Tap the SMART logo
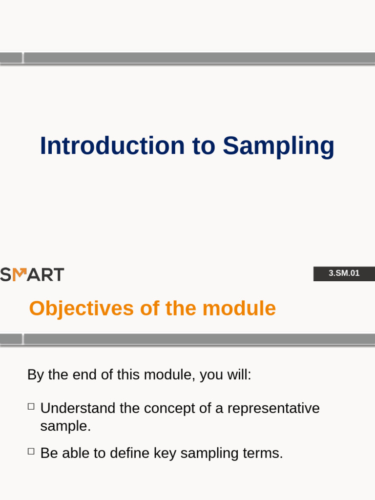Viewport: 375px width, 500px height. [32, 274]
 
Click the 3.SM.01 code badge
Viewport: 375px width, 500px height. [344, 273]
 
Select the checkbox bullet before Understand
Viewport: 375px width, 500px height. [31, 406]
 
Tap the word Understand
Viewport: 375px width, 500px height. [78, 408]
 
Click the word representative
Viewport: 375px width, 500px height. [273, 408]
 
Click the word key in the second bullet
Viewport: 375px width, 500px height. [165, 453]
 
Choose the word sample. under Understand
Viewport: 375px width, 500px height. [65, 426]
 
